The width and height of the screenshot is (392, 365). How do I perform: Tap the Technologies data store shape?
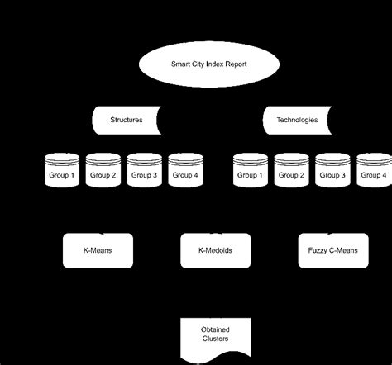[x=294, y=121]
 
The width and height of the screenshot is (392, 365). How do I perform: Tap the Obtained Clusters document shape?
[x=214, y=334]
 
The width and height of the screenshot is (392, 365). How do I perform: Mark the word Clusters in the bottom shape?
[x=214, y=339]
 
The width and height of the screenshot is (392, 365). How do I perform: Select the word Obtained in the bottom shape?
[x=214, y=329]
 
